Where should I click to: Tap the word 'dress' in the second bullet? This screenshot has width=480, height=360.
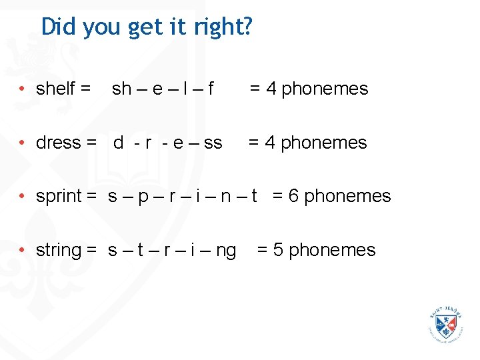pos(58,143)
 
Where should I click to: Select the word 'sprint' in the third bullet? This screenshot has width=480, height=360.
pos(59,197)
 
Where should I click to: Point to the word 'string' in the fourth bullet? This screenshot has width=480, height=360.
pos(58,251)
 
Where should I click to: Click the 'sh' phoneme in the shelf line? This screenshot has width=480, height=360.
pos(122,89)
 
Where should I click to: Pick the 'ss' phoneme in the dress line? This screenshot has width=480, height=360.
pos(213,143)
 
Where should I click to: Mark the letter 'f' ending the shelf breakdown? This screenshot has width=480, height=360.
pos(211,89)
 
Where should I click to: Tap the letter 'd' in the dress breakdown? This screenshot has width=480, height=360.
pos(119,143)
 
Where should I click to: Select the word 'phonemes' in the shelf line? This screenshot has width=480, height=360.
pos(325,89)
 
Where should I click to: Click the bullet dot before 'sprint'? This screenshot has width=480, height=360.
pos(22,197)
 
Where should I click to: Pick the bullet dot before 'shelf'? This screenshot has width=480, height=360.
pos(22,89)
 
